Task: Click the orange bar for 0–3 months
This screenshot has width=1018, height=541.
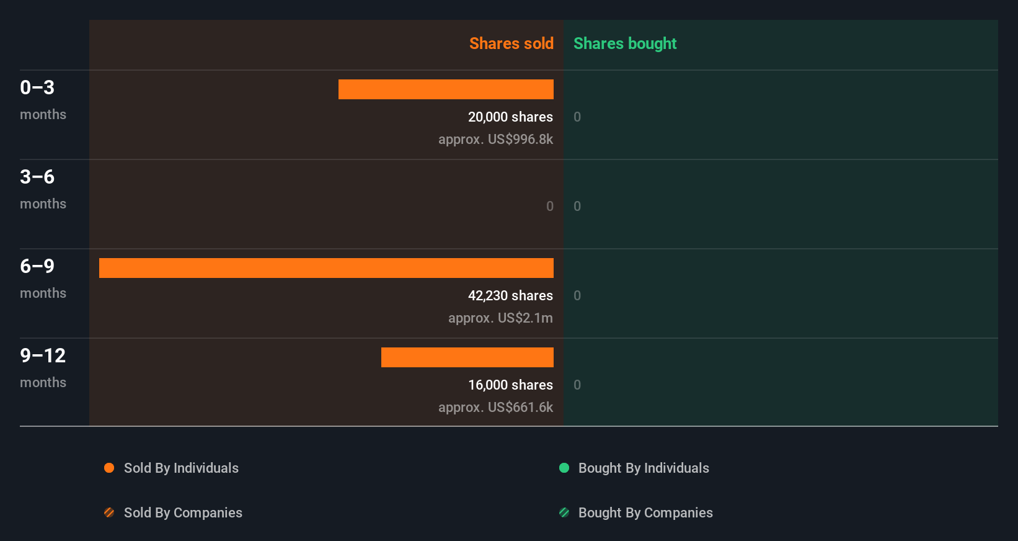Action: pos(446,89)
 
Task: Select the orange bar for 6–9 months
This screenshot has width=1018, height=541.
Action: pos(326,268)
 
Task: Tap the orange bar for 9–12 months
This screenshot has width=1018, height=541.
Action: pos(467,357)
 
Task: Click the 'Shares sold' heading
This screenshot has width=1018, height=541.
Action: pos(511,43)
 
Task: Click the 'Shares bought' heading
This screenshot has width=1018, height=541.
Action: pos(624,43)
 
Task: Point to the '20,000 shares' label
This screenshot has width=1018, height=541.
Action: pos(510,117)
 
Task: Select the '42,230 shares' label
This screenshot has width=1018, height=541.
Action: pos(510,295)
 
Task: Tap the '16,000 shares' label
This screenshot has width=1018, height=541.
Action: pos(510,385)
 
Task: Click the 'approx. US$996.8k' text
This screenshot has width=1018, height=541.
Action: pos(495,139)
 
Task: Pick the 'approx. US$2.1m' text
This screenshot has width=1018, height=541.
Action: pos(500,318)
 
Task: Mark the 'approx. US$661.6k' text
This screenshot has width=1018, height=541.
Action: pos(495,407)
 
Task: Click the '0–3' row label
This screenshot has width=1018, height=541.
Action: pos(37,87)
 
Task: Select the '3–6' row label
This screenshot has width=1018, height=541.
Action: pos(37,177)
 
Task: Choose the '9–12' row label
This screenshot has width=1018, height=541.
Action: pos(43,355)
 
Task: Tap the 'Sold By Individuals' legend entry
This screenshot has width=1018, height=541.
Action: pos(181,468)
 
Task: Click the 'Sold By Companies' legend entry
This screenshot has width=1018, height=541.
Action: pos(183,512)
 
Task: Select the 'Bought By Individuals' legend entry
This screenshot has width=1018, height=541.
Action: pos(644,468)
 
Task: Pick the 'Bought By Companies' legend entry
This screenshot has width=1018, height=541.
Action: pos(645,512)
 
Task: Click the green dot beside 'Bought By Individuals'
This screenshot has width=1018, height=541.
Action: pos(564,468)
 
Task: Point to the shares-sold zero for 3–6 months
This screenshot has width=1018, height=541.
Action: pos(550,206)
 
